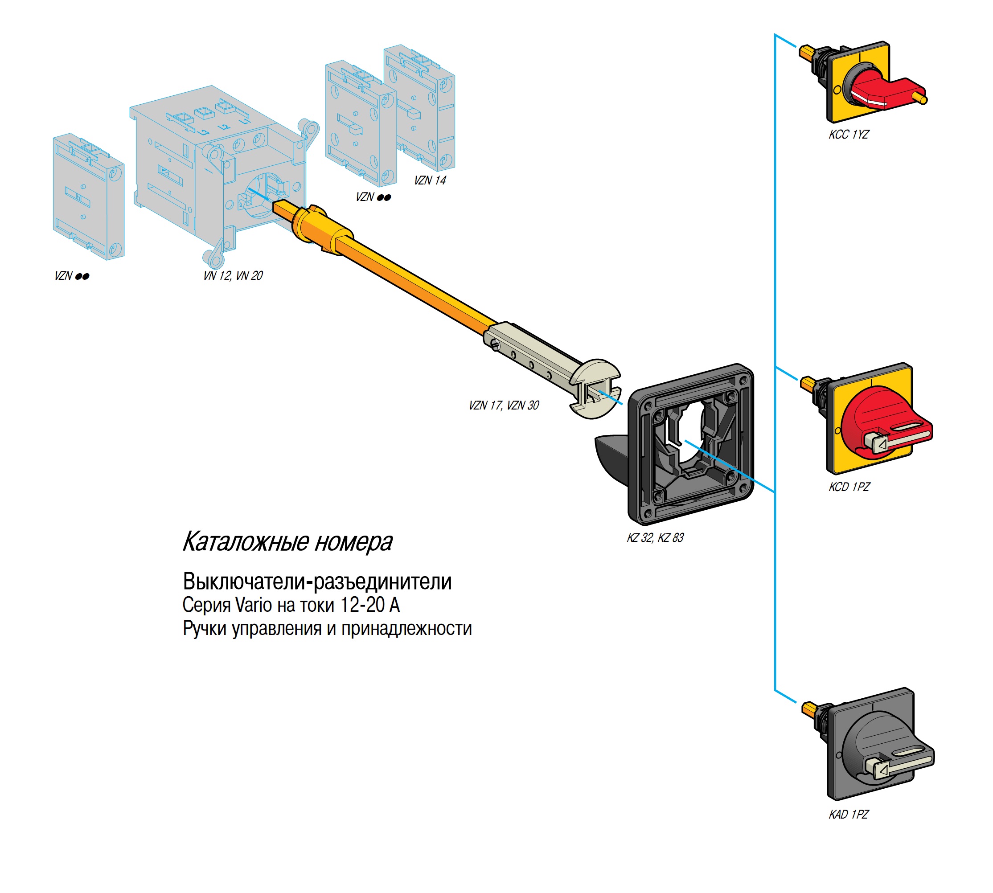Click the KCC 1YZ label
click(x=848, y=135)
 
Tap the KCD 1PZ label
click(x=849, y=487)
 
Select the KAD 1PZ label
click(x=848, y=814)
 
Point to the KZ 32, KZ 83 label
click(x=655, y=538)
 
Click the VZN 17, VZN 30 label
click(x=504, y=406)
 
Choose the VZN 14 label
click(x=430, y=180)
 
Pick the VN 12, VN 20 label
click(x=233, y=276)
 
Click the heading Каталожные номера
click(x=287, y=542)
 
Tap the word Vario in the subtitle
click(x=253, y=605)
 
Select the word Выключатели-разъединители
click(x=317, y=582)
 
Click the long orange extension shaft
click(x=417, y=280)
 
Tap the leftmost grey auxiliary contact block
click(x=88, y=196)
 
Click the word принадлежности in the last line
click(x=406, y=629)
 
